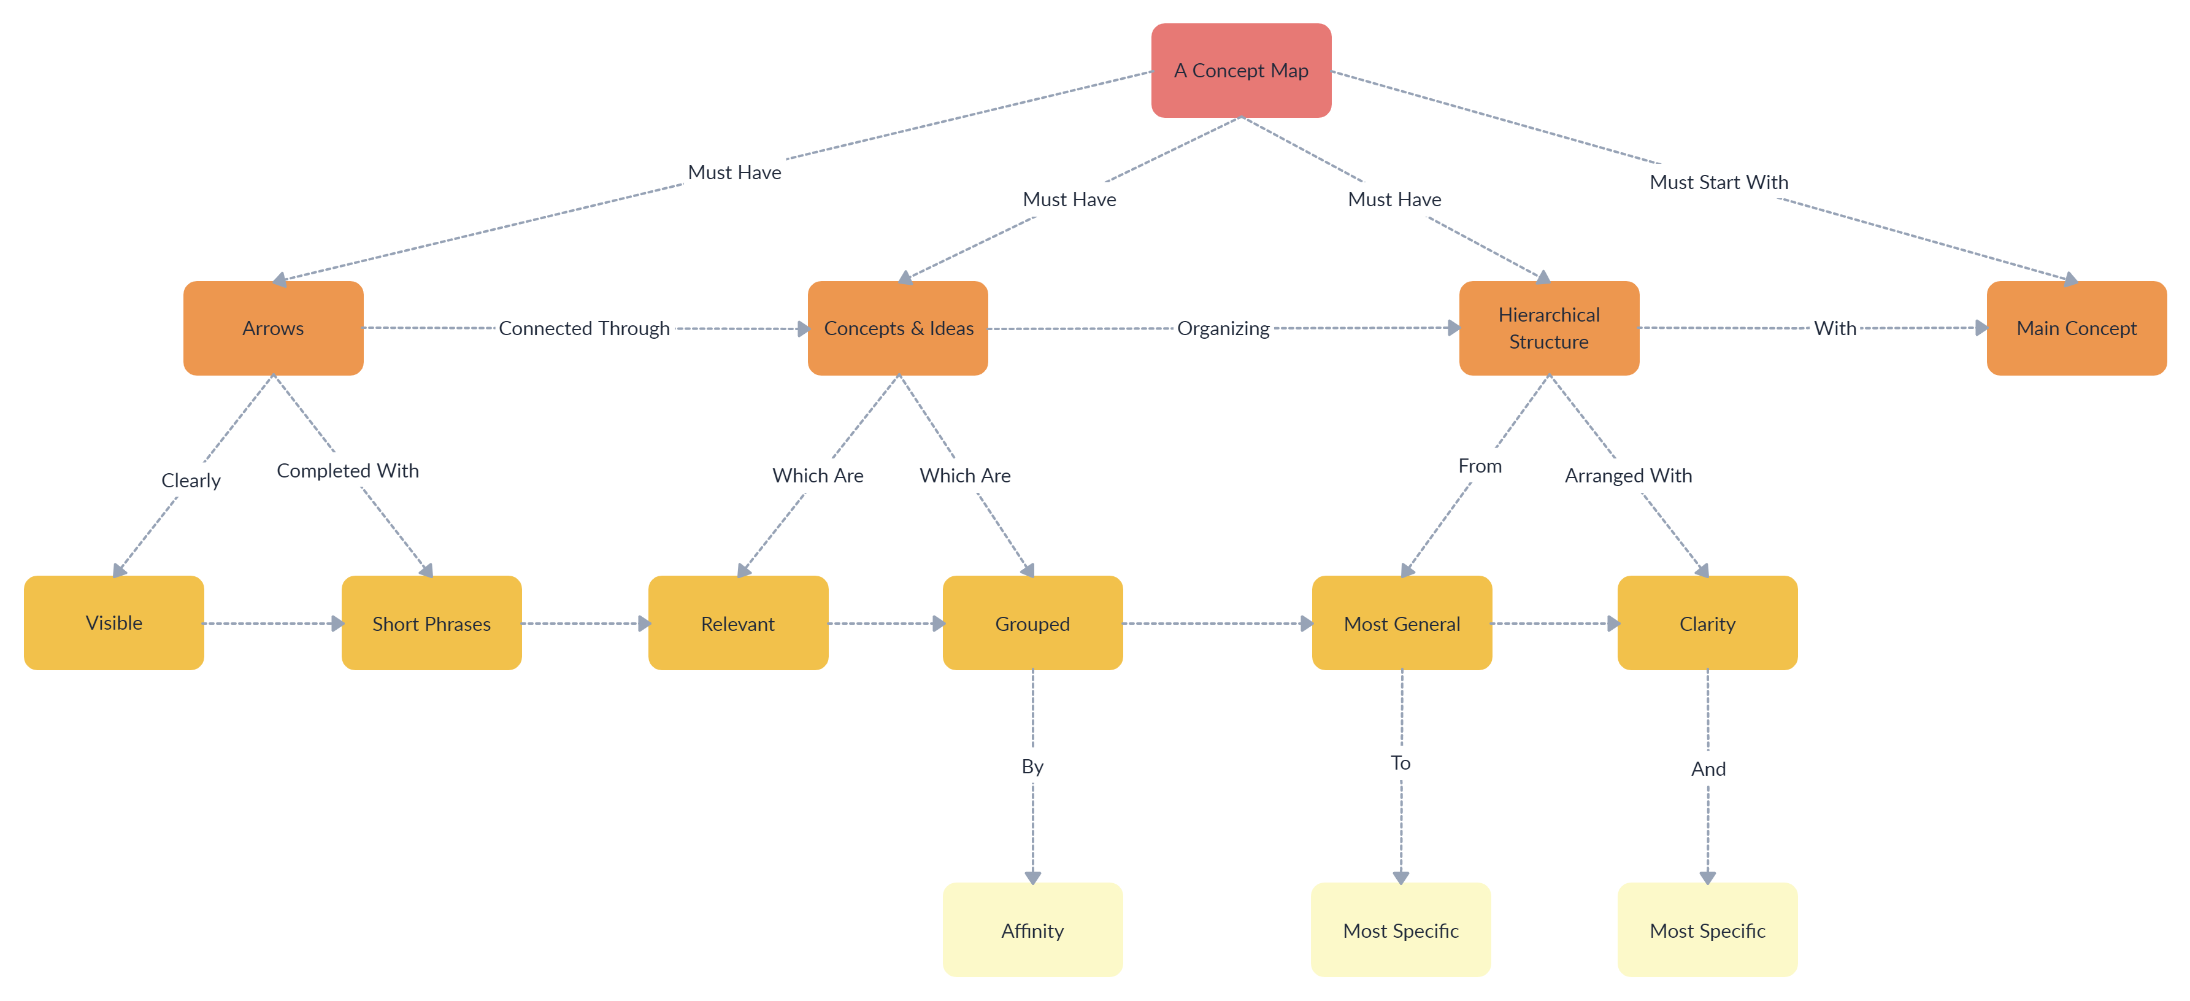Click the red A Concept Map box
click(x=1240, y=71)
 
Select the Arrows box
click(x=273, y=328)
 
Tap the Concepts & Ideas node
click(x=897, y=328)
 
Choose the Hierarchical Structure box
click(x=1548, y=328)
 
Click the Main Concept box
click(x=2075, y=328)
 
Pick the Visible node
click(x=114, y=622)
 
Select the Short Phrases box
click(x=431, y=624)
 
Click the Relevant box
click(x=737, y=624)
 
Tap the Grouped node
click(x=1032, y=624)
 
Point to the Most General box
click(x=1401, y=624)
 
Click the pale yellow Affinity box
click(x=1032, y=930)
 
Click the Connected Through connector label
click(x=584, y=328)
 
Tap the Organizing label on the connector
click(x=1223, y=328)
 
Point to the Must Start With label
click(x=1718, y=182)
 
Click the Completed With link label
click(x=348, y=470)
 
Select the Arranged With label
click(x=1627, y=476)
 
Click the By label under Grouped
click(x=1032, y=767)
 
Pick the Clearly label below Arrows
click(x=190, y=481)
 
